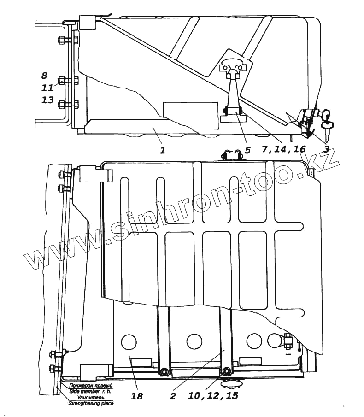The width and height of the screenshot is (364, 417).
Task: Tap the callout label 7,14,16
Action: [283, 149]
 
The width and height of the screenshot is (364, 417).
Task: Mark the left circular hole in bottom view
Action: [129, 341]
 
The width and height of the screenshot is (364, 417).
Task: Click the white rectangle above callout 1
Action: [191, 115]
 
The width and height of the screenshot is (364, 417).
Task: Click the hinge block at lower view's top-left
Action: [96, 175]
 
